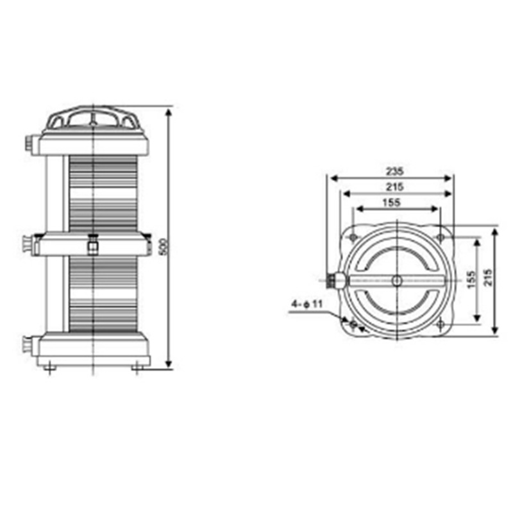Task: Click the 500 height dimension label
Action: click(x=164, y=247)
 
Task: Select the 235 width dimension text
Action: click(x=394, y=171)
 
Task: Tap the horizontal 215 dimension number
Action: click(x=394, y=187)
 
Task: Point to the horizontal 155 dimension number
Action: click(x=391, y=203)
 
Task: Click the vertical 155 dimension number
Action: click(x=471, y=280)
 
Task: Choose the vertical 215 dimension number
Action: click(x=488, y=278)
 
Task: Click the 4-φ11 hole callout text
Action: click(x=307, y=304)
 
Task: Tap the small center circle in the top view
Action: click(x=397, y=281)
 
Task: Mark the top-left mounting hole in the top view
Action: click(x=353, y=237)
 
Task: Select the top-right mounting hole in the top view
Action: click(x=441, y=237)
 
